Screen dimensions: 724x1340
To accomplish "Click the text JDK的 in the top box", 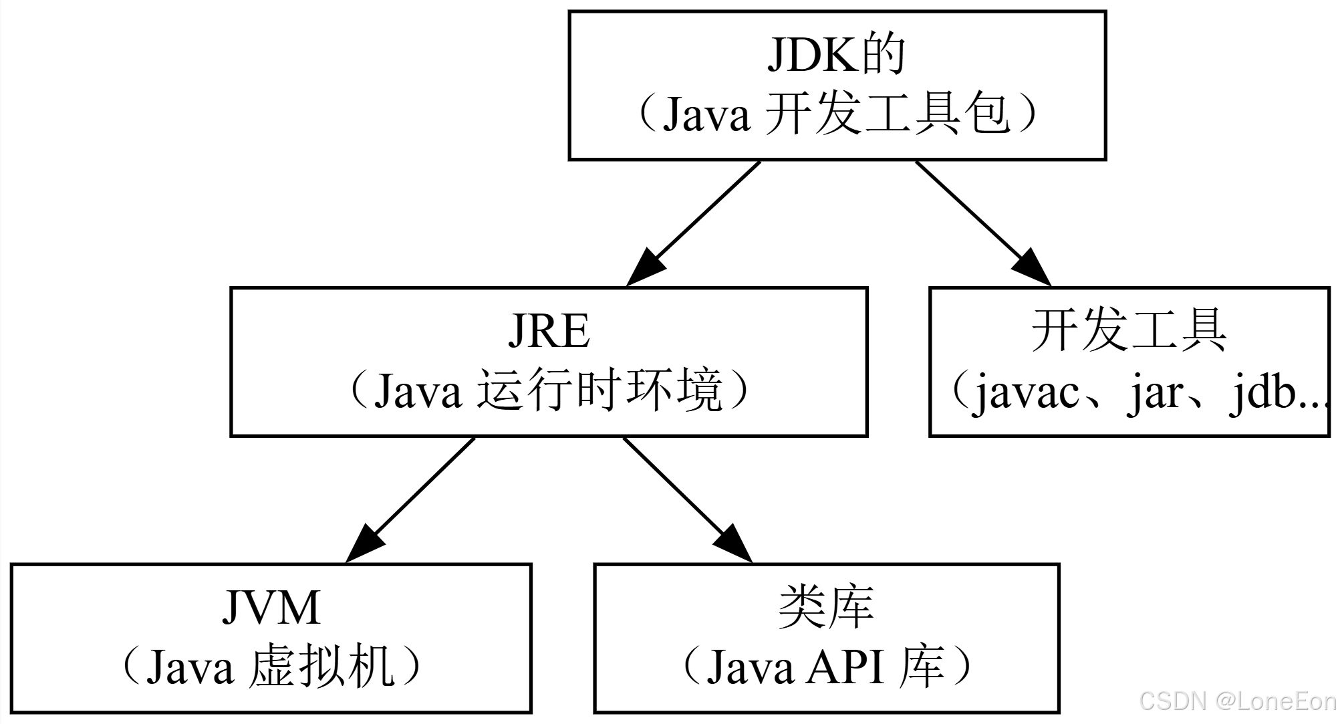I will [835, 55].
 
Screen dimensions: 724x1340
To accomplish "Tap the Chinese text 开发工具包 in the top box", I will [886, 114].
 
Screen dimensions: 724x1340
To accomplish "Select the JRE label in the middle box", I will [549, 331].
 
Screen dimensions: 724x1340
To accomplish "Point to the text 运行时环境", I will [599, 390].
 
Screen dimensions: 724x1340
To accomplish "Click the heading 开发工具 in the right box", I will [1129, 331].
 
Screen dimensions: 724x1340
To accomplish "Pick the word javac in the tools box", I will [1026, 393].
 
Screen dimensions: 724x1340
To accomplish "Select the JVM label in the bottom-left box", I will [271, 607].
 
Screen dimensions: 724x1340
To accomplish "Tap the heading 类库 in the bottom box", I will [826, 607].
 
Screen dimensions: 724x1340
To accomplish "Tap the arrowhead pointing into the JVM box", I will [365, 543].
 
